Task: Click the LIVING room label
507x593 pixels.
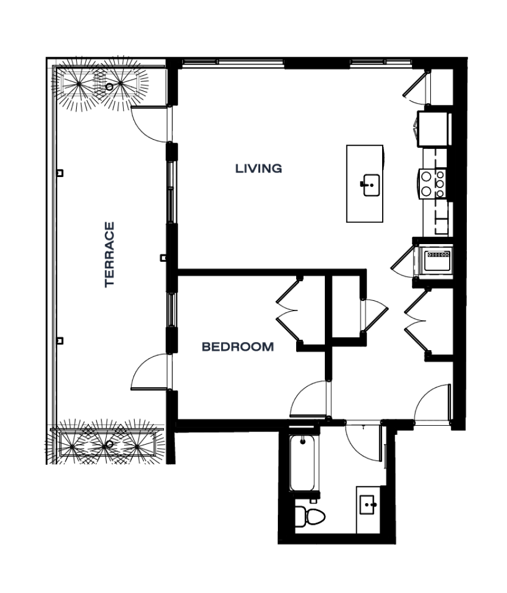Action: coord(258,168)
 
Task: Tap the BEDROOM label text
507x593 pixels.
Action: coord(238,347)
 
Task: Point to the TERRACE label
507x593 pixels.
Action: coord(109,254)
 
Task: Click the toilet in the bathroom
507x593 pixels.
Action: coord(310,517)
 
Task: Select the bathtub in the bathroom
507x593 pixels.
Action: coord(302,464)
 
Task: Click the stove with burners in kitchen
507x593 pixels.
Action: coord(433,183)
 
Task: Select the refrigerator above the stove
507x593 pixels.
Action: coord(434,128)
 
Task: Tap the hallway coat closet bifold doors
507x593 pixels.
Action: coord(416,321)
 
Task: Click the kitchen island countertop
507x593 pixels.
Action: coord(365,183)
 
